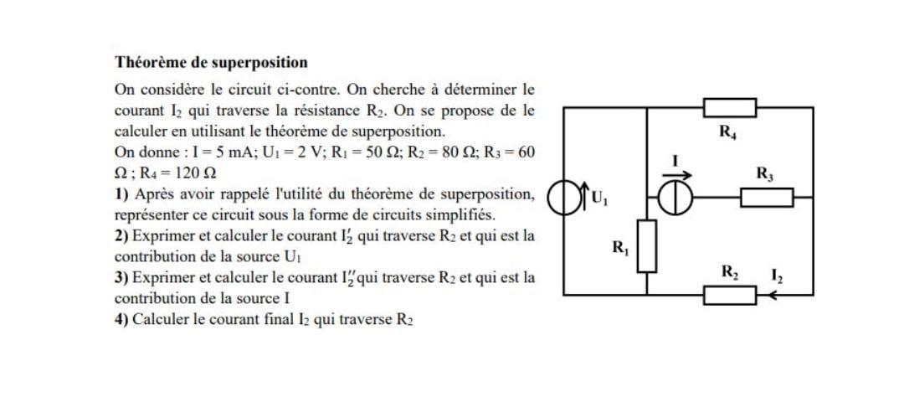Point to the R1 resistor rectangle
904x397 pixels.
pyautogui.click(x=646, y=245)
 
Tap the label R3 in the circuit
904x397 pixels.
pyautogui.click(x=764, y=175)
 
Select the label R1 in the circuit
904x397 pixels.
pyautogui.click(x=621, y=247)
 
